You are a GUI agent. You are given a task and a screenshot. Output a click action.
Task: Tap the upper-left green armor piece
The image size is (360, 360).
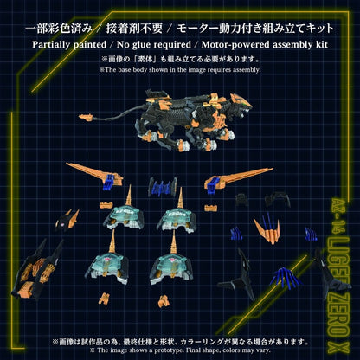point(140,211)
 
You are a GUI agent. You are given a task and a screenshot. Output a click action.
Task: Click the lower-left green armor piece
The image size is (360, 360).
point(138,264)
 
